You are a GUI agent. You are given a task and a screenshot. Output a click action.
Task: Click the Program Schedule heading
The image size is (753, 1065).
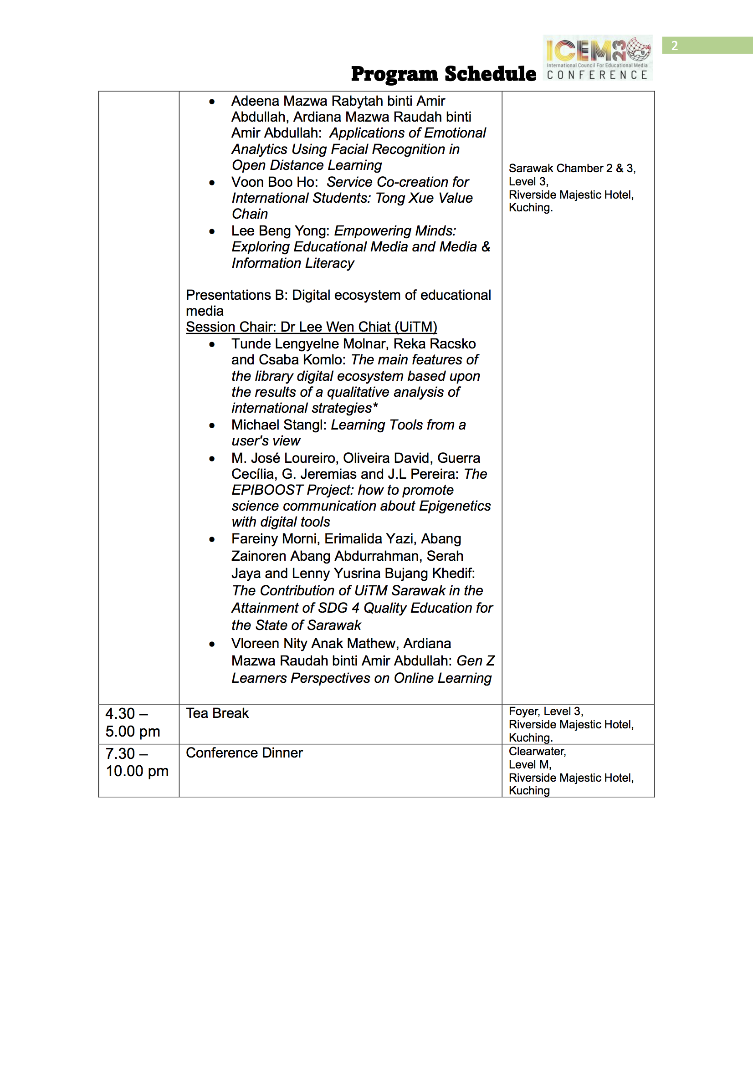pyautogui.click(x=443, y=74)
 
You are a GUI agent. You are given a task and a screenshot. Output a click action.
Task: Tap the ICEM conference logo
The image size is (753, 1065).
pyautogui.click(x=598, y=57)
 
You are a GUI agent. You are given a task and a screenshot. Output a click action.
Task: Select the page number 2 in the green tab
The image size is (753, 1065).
pyautogui.click(x=674, y=46)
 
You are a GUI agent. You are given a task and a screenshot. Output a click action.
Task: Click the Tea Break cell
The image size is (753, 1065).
pyautogui.click(x=217, y=713)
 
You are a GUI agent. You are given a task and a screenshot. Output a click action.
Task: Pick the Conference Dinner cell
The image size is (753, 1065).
pyautogui.click(x=244, y=753)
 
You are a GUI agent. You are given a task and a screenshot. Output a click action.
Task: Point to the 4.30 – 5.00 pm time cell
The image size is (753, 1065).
pyautogui.click(x=132, y=722)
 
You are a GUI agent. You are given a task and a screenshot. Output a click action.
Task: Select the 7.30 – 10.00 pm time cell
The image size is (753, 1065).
pyautogui.click(x=136, y=762)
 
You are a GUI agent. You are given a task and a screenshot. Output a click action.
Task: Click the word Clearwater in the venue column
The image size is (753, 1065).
pyautogui.click(x=537, y=752)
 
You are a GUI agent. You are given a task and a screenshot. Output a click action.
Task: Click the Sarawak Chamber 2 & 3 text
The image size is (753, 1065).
pyautogui.click(x=572, y=169)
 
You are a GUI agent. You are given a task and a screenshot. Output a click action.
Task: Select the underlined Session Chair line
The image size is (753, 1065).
pyautogui.click(x=311, y=327)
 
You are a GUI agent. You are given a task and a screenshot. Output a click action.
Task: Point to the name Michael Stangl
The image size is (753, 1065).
pyautogui.click(x=279, y=425)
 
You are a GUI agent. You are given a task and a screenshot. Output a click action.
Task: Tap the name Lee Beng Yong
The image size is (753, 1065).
pyautogui.click(x=280, y=231)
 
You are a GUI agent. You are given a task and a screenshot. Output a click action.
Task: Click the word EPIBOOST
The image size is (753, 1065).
pyautogui.click(x=267, y=490)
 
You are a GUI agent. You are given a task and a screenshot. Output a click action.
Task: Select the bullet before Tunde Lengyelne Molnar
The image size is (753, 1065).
pyautogui.click(x=212, y=344)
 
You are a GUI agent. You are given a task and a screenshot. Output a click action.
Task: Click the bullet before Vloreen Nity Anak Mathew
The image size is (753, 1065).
pyautogui.click(x=212, y=644)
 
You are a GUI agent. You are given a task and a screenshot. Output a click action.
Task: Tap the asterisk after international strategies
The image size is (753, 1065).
pyautogui.click(x=375, y=407)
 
